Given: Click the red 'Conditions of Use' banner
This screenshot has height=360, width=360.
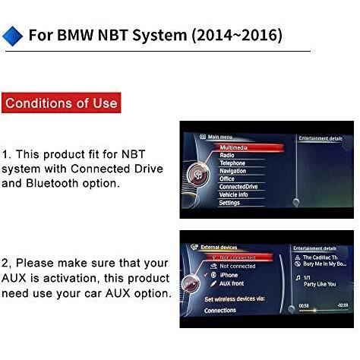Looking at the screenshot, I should click(60, 103).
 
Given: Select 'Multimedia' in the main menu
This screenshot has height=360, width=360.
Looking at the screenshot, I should click(238, 147).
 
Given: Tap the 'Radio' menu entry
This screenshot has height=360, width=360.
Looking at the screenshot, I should click(227, 155).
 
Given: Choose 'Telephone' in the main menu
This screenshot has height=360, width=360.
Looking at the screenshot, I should click(232, 163).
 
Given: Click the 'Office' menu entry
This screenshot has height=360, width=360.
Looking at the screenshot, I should click(228, 179).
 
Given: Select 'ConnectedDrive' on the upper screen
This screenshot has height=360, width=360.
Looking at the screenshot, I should click(238, 187).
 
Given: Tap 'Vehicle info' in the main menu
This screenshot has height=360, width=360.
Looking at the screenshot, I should click(235, 195).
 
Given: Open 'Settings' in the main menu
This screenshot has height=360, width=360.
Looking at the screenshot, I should click(230, 203).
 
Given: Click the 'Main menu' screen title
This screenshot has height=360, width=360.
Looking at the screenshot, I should click(221, 137).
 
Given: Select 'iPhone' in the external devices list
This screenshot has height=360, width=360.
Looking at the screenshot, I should click(229, 275).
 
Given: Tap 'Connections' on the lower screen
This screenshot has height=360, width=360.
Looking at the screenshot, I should click(220, 311).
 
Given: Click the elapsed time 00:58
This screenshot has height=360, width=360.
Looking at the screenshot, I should click(305, 305).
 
